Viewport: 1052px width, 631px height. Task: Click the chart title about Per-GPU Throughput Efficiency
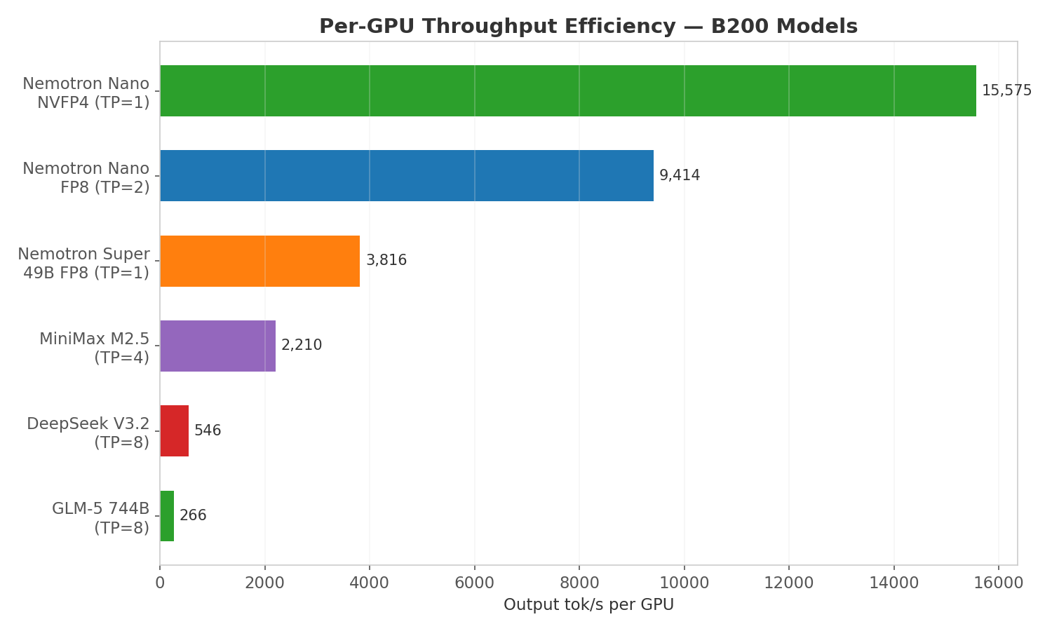point(588,27)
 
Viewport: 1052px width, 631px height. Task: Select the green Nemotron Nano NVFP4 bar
point(567,90)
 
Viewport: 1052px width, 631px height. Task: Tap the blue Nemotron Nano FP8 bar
point(406,175)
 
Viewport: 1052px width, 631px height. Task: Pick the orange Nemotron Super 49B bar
point(259,261)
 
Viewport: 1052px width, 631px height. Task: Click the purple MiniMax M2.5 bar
point(217,346)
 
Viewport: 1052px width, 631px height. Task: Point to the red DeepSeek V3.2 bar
point(174,430)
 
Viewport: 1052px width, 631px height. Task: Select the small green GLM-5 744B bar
point(167,516)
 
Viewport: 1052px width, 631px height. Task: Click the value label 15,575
point(1006,90)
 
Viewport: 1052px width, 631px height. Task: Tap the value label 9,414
point(679,175)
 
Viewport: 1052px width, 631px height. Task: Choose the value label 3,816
point(386,261)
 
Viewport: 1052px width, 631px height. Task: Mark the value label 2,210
point(302,346)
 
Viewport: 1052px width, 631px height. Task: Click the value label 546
point(208,430)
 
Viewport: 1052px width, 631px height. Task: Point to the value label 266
point(193,516)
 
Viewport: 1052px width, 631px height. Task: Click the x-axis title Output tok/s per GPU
point(588,605)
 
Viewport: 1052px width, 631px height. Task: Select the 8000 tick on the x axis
point(579,583)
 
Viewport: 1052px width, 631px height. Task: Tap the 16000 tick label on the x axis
point(998,583)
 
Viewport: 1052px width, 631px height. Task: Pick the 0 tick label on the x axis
point(160,583)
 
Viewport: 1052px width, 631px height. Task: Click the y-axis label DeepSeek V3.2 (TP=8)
point(88,433)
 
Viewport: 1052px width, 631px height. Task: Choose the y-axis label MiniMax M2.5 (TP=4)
point(94,348)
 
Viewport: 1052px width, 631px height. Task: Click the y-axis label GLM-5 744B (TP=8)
point(100,518)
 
